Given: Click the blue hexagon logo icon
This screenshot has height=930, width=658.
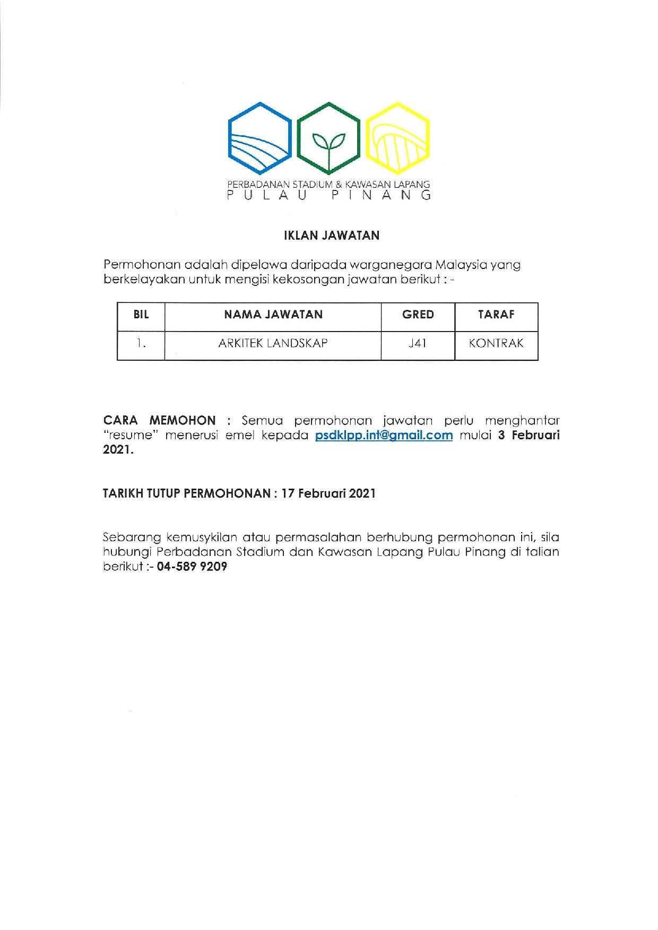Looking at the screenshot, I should (x=259, y=138).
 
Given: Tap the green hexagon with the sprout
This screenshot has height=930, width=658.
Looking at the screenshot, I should (x=328, y=138).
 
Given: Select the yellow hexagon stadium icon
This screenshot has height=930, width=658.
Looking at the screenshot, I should (x=398, y=138).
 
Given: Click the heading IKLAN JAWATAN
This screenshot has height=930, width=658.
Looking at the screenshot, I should (x=332, y=236).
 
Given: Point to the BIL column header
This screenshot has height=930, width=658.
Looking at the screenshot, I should (x=141, y=315).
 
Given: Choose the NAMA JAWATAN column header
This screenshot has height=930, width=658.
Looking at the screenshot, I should (x=273, y=315).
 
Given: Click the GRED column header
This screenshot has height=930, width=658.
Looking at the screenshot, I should (x=418, y=315).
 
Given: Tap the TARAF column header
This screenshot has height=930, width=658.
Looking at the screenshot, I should (x=496, y=315).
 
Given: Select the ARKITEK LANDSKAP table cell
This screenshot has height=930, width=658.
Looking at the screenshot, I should (x=273, y=343).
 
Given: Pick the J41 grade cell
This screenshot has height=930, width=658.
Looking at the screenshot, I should (x=418, y=343).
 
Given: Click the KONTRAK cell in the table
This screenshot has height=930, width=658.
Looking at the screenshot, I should (x=496, y=343).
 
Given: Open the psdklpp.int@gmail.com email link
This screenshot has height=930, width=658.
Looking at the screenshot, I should (x=384, y=436).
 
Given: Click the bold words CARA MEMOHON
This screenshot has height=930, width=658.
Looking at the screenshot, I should (x=159, y=421).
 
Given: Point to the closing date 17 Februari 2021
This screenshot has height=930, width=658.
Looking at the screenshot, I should (x=328, y=493).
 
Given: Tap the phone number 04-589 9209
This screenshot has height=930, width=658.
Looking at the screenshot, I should (x=192, y=567).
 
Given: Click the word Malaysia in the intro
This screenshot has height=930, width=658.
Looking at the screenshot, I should (x=462, y=264).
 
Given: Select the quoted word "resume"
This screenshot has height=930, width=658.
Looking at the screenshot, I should (x=130, y=436).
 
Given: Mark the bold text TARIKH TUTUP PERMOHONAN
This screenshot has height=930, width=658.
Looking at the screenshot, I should (x=186, y=493).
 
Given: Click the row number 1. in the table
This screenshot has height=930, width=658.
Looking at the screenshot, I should (x=141, y=343).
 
